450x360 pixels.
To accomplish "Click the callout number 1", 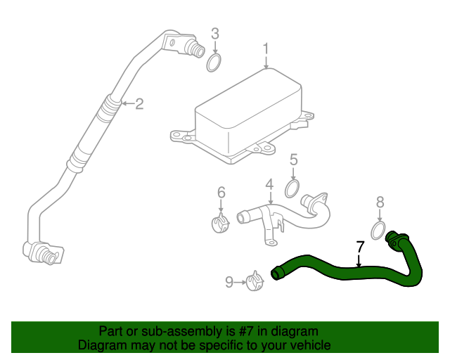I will [x=266, y=49].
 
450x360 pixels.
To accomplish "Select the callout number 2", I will [x=139, y=104].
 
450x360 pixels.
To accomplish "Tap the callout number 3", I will [x=215, y=33].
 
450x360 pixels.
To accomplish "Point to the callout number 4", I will [x=269, y=185].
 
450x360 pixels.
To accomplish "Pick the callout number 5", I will [x=293, y=160].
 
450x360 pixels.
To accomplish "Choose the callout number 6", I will [x=221, y=192].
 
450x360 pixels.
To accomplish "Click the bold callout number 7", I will [x=360, y=247].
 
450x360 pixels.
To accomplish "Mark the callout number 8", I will [x=380, y=202].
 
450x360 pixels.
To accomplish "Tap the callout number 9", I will [x=229, y=282].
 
